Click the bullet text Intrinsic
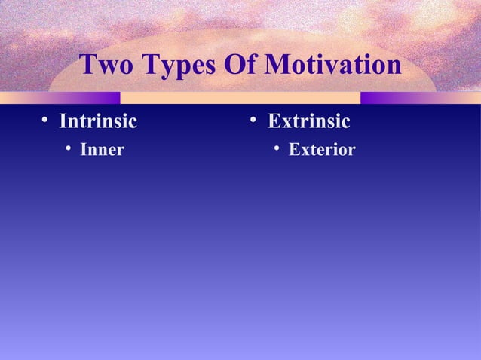pyautogui.click(x=98, y=121)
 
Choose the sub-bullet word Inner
pyautogui.click(x=102, y=150)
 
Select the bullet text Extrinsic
pyautogui.click(x=309, y=121)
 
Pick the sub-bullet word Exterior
pyautogui.click(x=322, y=150)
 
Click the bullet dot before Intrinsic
pyautogui.click(x=45, y=121)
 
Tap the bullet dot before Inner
pyautogui.click(x=68, y=149)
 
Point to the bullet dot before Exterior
pyautogui.click(x=277, y=149)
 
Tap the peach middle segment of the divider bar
pyautogui.click(x=240, y=98)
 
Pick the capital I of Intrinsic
pyautogui.click(x=63, y=121)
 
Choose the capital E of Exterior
pyautogui.click(x=294, y=150)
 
